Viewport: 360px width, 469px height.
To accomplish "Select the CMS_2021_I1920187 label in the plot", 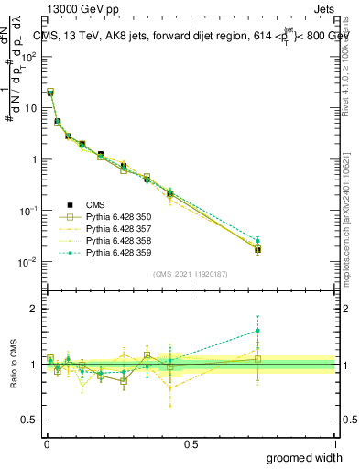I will (x=190, y=274).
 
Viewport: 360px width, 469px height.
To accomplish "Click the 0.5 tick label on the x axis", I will (x=191, y=443).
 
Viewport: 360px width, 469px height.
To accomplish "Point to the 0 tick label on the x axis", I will (x=46, y=443).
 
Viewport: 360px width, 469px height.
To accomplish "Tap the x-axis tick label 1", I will (x=335, y=443).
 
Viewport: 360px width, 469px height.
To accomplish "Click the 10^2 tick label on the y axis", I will (x=29, y=56).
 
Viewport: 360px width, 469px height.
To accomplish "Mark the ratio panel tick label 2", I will (x=34, y=309).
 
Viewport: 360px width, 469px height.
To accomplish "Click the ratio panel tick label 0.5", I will (x=31, y=420).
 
